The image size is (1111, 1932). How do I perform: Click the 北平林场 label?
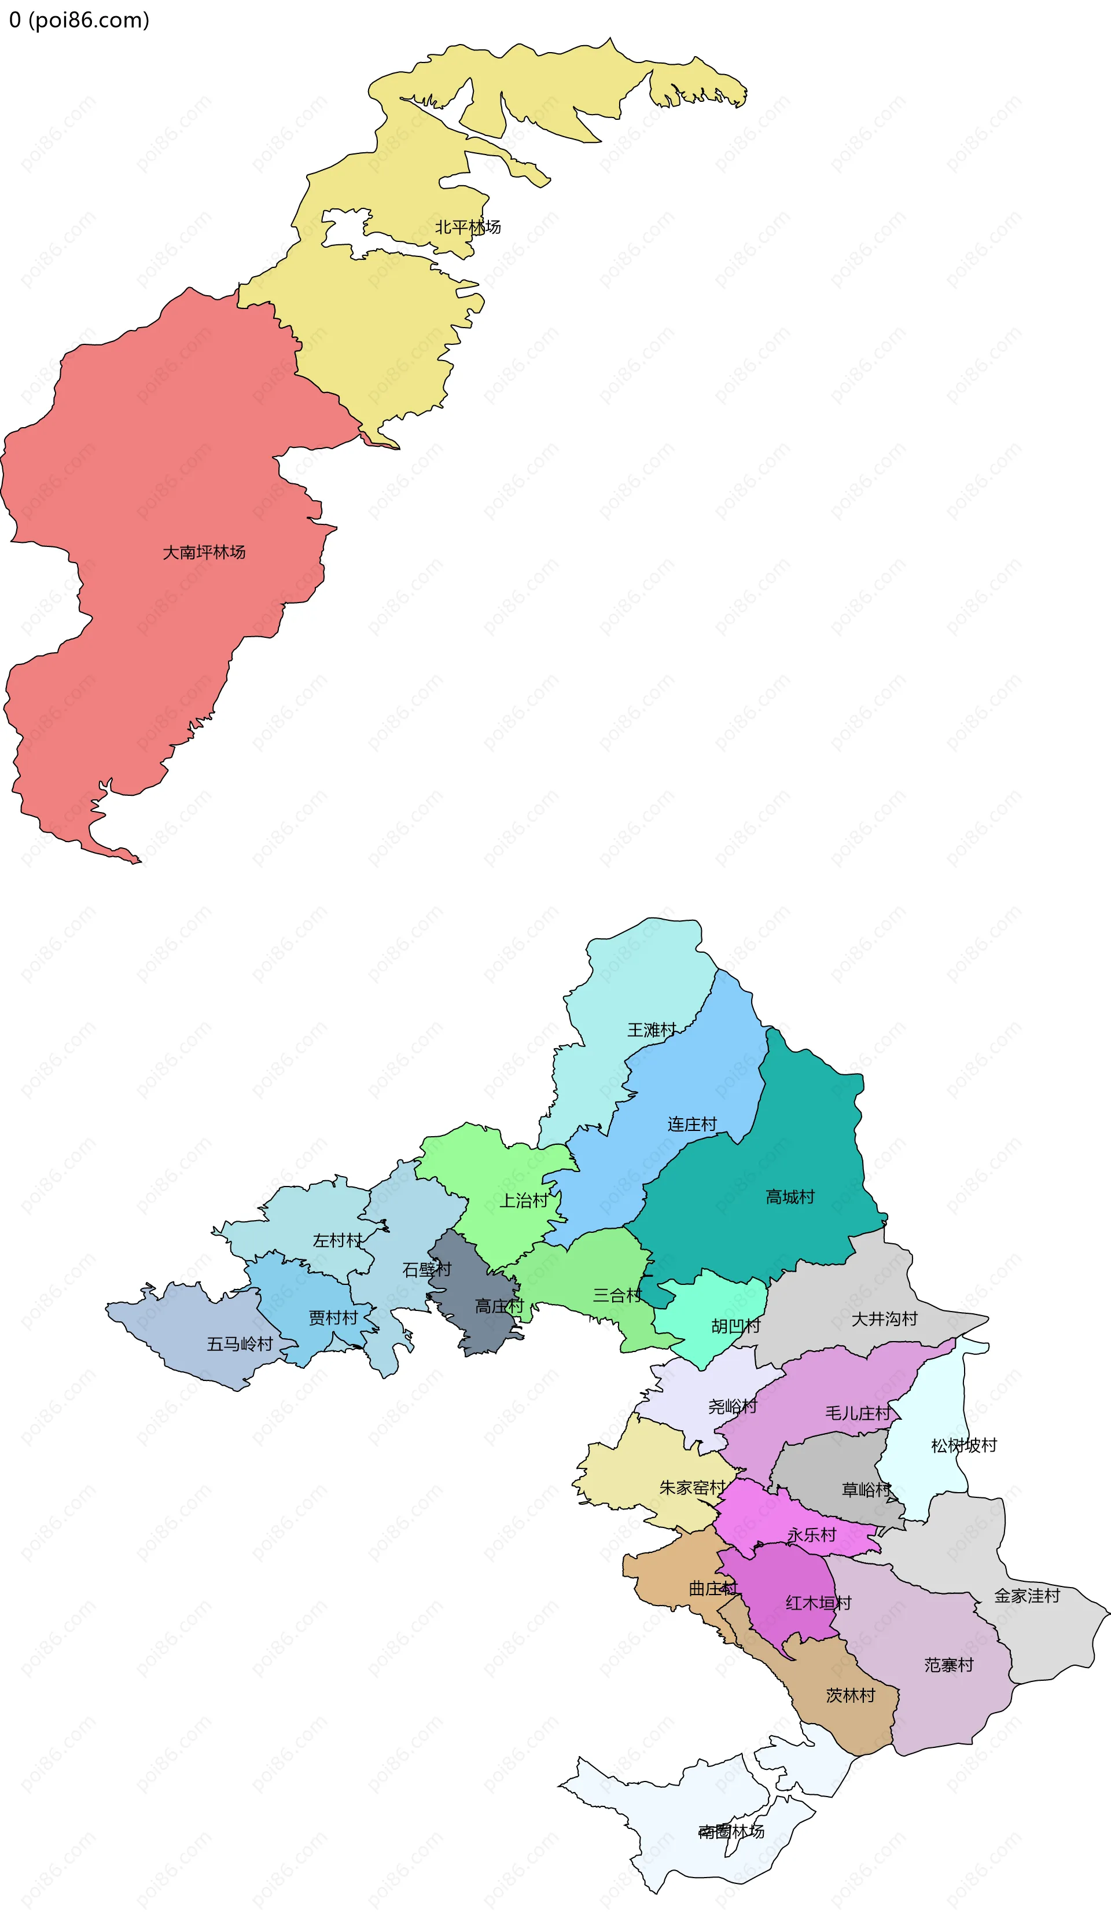(468, 227)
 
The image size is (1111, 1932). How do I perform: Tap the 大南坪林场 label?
(204, 552)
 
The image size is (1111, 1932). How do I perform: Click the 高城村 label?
(790, 1196)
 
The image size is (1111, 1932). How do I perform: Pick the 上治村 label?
(524, 1200)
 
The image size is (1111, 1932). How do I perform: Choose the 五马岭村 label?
(240, 1344)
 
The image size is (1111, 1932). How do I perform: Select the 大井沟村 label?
(884, 1318)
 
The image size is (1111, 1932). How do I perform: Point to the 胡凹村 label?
(735, 1326)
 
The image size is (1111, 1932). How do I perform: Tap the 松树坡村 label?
(963, 1445)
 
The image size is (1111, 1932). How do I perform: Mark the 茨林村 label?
(851, 1695)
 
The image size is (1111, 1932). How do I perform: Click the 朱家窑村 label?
(692, 1487)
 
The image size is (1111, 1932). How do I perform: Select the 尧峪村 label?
(733, 1406)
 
